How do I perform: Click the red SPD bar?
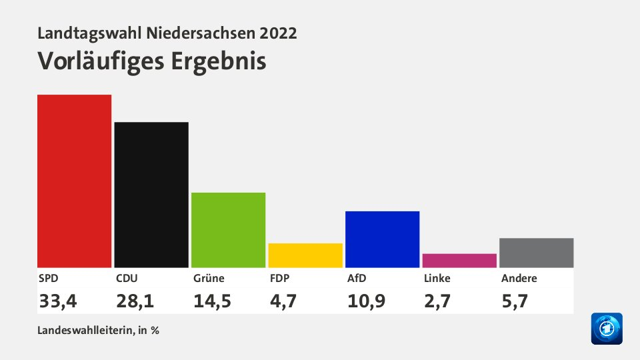click(x=74, y=181)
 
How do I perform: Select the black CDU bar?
click(x=151, y=195)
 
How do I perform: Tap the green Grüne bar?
click(x=228, y=230)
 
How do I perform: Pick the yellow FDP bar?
click(x=305, y=255)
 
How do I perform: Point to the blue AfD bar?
click(x=382, y=239)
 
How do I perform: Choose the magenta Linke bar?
click(x=459, y=261)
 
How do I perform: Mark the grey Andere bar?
click(x=536, y=253)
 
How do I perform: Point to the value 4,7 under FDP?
click(x=283, y=301)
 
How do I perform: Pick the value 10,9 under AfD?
click(x=366, y=301)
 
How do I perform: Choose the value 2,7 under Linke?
click(x=437, y=301)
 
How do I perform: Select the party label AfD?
click(x=357, y=279)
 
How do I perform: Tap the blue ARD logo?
click(x=606, y=329)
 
